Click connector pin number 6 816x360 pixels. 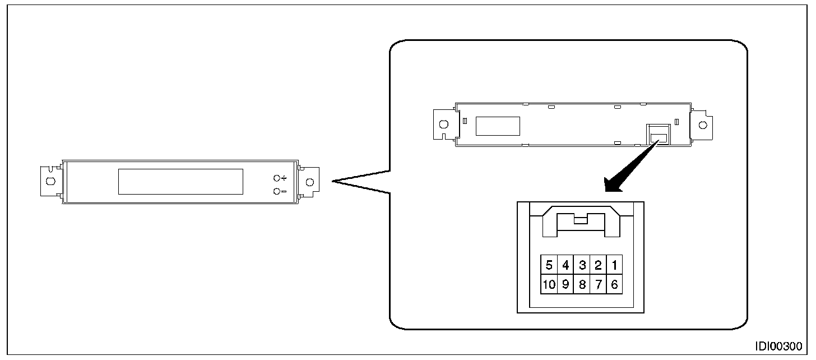[x=615, y=284]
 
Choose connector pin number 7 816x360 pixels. [x=599, y=284]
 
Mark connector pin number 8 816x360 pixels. [x=582, y=284]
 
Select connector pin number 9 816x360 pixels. [x=565, y=284]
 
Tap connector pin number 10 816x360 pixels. [x=549, y=284]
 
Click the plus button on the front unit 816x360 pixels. [x=277, y=178]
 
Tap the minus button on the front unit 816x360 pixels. [x=277, y=192]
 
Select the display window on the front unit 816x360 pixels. [x=181, y=182]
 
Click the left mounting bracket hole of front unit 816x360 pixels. [x=50, y=181]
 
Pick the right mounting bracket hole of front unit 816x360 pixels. [x=309, y=181]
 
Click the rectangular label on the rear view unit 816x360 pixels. [x=498, y=126]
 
